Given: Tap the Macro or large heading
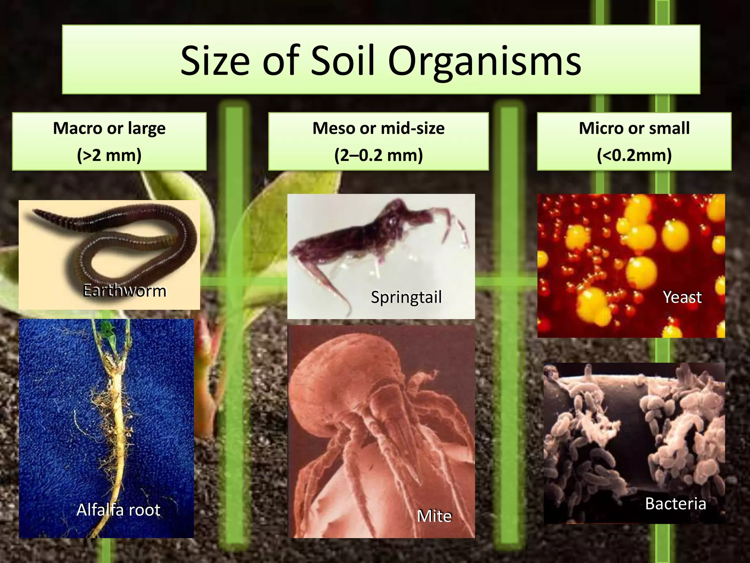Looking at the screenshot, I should coord(109,128).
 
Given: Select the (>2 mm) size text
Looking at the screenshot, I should coord(109,155).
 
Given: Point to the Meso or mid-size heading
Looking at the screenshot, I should coord(378,128).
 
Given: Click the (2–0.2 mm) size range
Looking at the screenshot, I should coord(378,155).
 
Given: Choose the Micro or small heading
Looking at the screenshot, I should coord(634,128).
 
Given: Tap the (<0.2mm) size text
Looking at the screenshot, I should coord(634,155).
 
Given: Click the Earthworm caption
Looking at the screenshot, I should coord(125,291).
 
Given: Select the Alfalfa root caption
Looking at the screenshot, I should coord(118,509).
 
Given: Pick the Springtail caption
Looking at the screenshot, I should coord(406,297).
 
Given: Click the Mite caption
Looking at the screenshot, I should coord(434,516).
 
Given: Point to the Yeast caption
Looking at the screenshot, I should coord(682,297).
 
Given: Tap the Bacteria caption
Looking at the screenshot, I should coord(675,503).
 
